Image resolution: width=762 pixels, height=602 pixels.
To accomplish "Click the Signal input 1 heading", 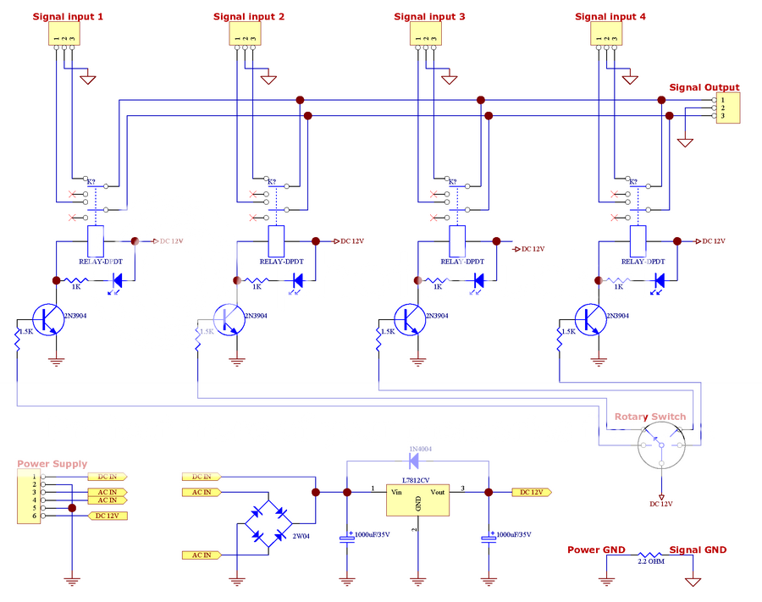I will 68,16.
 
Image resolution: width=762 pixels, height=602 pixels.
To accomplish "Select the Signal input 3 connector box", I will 426,34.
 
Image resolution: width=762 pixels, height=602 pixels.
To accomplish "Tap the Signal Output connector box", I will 727,108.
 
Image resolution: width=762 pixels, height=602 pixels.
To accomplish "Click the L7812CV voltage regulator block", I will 417,499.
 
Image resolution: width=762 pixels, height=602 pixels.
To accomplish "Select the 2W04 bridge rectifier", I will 269,524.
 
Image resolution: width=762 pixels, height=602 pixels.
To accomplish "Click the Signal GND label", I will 698,550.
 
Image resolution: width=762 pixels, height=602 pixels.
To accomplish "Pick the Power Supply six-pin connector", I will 28,498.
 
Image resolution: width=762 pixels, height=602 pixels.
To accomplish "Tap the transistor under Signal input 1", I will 51,320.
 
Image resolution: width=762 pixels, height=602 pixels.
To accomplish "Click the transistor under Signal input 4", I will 593,320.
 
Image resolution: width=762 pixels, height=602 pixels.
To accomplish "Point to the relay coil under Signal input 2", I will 276,240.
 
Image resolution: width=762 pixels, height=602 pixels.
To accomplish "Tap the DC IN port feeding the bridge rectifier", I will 203,477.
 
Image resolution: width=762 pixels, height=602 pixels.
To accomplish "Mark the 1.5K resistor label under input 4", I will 568,332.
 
